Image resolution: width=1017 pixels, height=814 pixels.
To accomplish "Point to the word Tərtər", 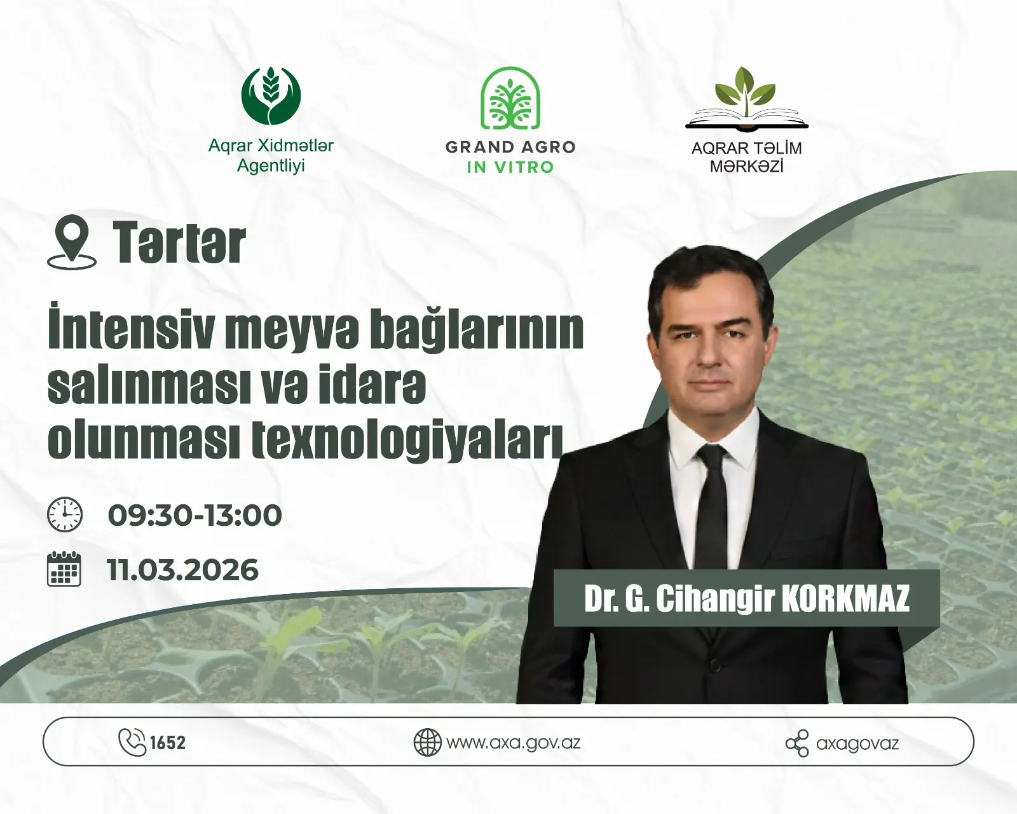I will click(x=179, y=244).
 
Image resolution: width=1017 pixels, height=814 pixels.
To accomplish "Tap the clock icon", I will click(x=65, y=514).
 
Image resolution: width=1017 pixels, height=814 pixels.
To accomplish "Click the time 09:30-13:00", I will click(x=195, y=515).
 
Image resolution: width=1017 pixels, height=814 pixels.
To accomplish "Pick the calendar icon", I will click(x=64, y=569).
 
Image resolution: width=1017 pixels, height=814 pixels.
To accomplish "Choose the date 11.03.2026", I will click(x=183, y=570).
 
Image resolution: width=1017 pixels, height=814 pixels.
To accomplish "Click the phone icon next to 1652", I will click(x=132, y=742).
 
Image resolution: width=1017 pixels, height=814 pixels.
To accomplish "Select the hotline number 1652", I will click(x=168, y=743).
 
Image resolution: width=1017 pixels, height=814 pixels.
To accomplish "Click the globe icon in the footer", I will click(x=427, y=742).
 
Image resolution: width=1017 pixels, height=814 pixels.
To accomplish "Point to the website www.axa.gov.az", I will click(x=513, y=742).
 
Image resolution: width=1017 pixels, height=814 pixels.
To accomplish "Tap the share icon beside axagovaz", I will click(x=797, y=743).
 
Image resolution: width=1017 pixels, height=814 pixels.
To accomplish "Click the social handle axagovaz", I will click(x=857, y=743).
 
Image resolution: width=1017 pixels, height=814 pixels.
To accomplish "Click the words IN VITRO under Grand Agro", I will click(x=510, y=167).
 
